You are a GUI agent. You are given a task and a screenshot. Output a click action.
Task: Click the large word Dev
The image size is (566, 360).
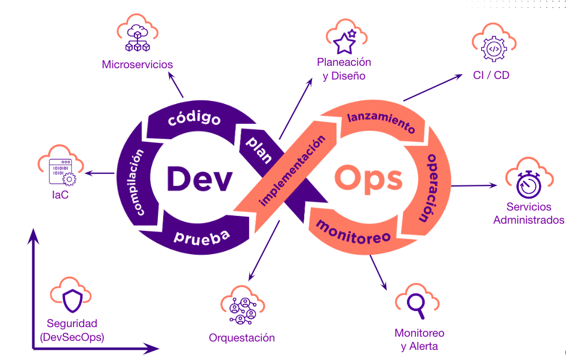pyautogui.click(x=198, y=178)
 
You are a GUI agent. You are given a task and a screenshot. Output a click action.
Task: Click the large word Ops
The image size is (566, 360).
pyautogui.click(x=368, y=178)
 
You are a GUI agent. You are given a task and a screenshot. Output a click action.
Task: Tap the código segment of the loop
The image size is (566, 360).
pyautogui.click(x=194, y=118)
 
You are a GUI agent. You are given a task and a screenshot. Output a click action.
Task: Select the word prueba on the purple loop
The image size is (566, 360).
pyautogui.click(x=201, y=237)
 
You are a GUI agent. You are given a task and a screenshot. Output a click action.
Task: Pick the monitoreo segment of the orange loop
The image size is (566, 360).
pyautogui.click(x=353, y=230)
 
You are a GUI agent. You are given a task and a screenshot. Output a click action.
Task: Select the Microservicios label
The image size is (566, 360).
pyautogui.click(x=137, y=65)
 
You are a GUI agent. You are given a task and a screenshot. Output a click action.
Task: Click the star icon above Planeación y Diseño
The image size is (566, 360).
pyautogui.click(x=345, y=41)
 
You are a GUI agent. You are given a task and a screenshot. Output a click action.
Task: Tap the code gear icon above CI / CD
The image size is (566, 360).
pyautogui.click(x=494, y=48)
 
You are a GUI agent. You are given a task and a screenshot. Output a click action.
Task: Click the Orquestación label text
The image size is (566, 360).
pyautogui.click(x=241, y=338)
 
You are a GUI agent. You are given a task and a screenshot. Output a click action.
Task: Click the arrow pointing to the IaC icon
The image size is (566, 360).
pyautogui.click(x=99, y=173)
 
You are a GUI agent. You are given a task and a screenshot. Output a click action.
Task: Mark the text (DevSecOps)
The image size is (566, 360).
pyautogui.click(x=72, y=337)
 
